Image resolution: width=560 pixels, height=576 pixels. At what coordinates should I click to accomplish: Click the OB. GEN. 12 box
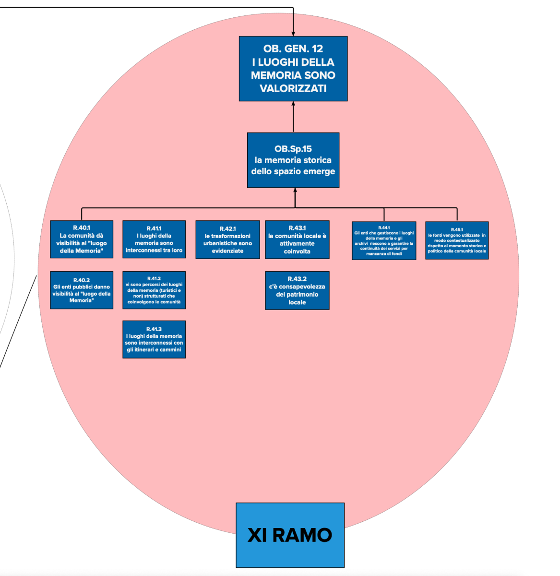point(293,69)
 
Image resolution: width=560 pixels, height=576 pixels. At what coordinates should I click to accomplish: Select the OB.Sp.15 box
point(293,160)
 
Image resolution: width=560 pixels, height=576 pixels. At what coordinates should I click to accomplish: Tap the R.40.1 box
point(82,239)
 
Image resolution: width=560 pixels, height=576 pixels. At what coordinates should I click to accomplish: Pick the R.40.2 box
point(82,290)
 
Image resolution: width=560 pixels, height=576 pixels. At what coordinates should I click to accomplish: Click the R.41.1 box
point(154,240)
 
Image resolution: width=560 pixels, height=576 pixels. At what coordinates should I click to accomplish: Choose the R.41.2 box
point(154,290)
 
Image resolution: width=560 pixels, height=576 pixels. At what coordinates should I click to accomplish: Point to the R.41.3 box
point(154,339)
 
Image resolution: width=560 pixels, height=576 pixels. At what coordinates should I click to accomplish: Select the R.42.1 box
point(227,240)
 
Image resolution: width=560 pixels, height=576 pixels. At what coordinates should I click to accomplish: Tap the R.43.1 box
point(297,240)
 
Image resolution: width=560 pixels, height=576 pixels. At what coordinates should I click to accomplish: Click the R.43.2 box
point(297,290)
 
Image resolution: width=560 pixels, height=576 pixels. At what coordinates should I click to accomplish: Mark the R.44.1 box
point(384,240)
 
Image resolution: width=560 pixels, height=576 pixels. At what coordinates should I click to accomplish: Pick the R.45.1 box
point(457,240)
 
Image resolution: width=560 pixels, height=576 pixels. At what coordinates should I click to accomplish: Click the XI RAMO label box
point(290,535)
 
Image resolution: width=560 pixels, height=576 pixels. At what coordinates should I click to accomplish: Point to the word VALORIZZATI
point(293,89)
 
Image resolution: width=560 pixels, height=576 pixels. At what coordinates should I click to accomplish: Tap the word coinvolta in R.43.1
point(297,252)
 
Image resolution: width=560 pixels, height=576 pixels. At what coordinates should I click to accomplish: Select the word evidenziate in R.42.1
point(227,251)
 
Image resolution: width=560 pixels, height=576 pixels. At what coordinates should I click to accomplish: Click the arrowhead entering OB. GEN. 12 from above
point(293,33)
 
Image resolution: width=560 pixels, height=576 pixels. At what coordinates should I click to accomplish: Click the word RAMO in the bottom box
point(302,535)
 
